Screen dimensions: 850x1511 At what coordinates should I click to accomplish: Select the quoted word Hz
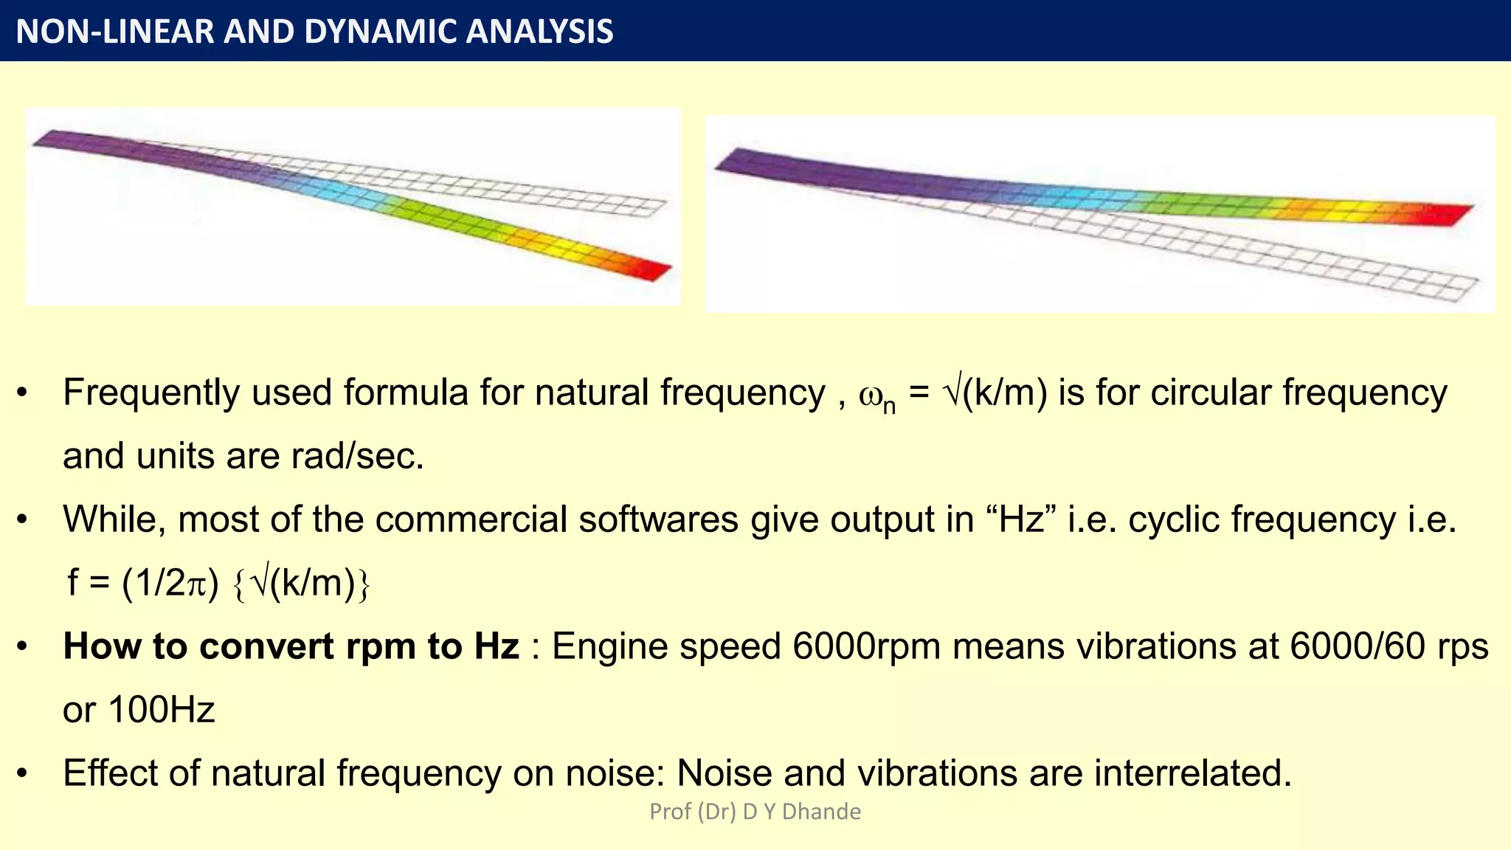(1022, 519)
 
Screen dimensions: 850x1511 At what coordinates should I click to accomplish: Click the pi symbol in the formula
(197, 584)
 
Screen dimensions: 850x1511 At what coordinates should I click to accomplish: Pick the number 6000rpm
(866, 646)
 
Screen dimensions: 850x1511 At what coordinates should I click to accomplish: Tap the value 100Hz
(162, 710)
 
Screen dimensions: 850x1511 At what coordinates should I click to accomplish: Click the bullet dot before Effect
(22, 774)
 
